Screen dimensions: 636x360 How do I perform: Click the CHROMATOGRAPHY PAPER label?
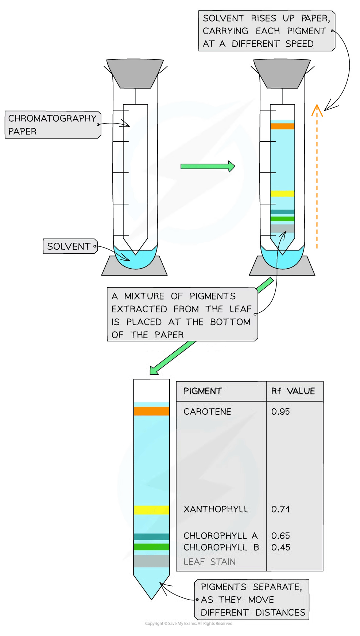(52, 125)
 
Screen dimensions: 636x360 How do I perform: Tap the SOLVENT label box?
(69, 246)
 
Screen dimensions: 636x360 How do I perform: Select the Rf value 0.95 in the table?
(280, 411)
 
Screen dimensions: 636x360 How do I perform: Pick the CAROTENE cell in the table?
(207, 411)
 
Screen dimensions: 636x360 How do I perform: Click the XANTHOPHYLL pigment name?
(216, 509)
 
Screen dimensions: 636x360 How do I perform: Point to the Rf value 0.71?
(280, 509)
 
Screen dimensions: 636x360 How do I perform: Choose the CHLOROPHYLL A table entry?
(220, 535)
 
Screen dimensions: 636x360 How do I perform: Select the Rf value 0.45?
(280, 547)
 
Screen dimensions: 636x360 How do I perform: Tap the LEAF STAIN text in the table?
(209, 562)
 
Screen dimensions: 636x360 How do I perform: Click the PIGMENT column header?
(202, 391)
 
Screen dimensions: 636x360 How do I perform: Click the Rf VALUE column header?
(293, 391)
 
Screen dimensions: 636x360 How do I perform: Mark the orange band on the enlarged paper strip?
(151, 411)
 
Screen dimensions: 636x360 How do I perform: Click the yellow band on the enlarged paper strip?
(151, 510)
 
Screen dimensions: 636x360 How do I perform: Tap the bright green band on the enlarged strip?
(151, 547)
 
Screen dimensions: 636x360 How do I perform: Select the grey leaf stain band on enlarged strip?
(151, 561)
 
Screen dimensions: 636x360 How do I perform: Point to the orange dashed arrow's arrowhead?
(317, 109)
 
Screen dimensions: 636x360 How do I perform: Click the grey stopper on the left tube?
(135, 73)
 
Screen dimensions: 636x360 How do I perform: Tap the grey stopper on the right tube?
(282, 74)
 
